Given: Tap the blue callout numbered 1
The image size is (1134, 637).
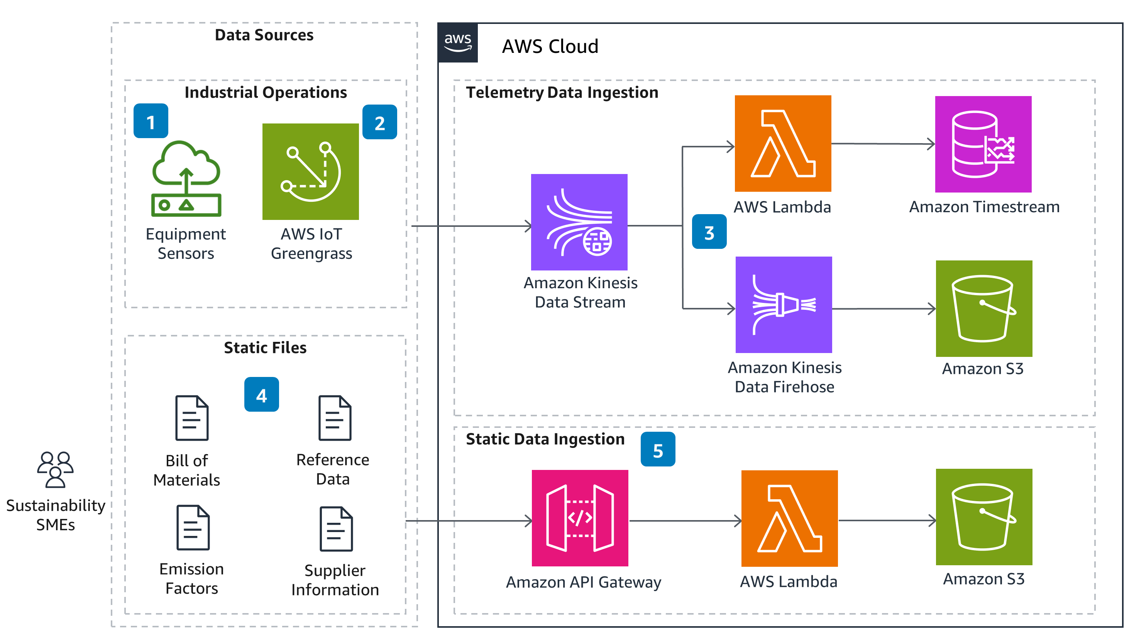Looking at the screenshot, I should [x=151, y=121].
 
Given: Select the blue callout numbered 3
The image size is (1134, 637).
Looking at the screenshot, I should [x=709, y=232].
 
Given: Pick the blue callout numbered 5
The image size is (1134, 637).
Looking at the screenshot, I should [x=657, y=449].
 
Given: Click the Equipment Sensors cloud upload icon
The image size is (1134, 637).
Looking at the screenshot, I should [x=186, y=178].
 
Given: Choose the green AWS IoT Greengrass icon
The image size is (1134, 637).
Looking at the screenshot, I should [x=310, y=172].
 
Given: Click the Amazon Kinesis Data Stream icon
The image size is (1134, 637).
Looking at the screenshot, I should [x=579, y=222].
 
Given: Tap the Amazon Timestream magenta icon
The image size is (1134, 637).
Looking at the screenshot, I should [x=983, y=144].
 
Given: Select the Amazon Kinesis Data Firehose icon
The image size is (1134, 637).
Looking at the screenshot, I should [x=783, y=304].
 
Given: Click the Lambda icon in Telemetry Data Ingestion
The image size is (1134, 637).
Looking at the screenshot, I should [x=783, y=144].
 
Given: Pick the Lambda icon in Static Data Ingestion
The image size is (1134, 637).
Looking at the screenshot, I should [x=789, y=518].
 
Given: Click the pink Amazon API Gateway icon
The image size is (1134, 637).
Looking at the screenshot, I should [x=579, y=518].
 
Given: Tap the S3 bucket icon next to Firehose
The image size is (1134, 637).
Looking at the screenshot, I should [x=983, y=308].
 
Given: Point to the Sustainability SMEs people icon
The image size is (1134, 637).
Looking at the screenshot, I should [x=56, y=470].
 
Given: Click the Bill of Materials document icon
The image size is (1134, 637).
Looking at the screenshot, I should [x=192, y=418].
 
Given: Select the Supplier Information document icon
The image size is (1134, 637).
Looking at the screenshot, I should [x=336, y=529].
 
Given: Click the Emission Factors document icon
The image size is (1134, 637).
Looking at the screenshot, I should [x=193, y=527].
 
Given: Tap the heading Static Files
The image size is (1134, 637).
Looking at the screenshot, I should [x=265, y=348].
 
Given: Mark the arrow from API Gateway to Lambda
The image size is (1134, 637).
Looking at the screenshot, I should [x=685, y=521].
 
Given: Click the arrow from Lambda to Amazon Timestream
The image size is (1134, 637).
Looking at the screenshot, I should [x=882, y=144].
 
